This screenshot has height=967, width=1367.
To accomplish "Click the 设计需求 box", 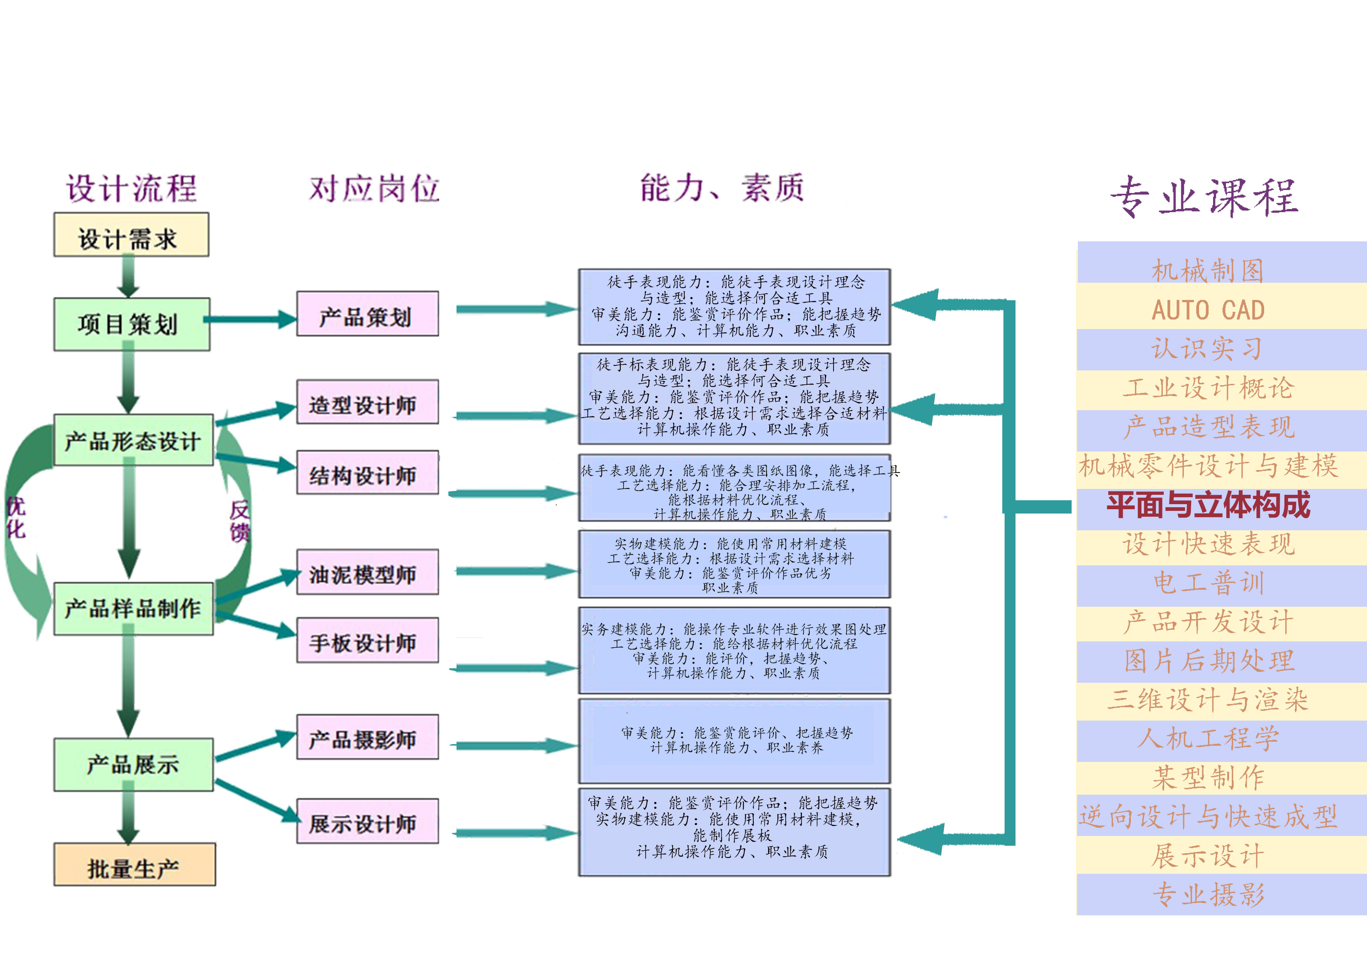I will coord(131,236).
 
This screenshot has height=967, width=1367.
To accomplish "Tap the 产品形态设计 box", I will coord(133,440).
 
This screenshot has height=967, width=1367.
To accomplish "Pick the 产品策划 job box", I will coord(367,314).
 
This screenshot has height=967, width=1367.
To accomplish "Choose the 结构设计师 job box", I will coord(367,473).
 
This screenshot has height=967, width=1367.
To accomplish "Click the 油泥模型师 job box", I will coord(367,572).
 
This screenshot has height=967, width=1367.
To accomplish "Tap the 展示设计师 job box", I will coord(367,821).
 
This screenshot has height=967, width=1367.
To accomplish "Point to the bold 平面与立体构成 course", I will coord(1209,505).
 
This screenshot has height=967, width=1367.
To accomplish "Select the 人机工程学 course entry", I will coord(1209,739).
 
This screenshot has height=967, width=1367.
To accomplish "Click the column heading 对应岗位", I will coord(374,188).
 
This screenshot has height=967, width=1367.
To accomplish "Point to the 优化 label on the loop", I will coord(16,517).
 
